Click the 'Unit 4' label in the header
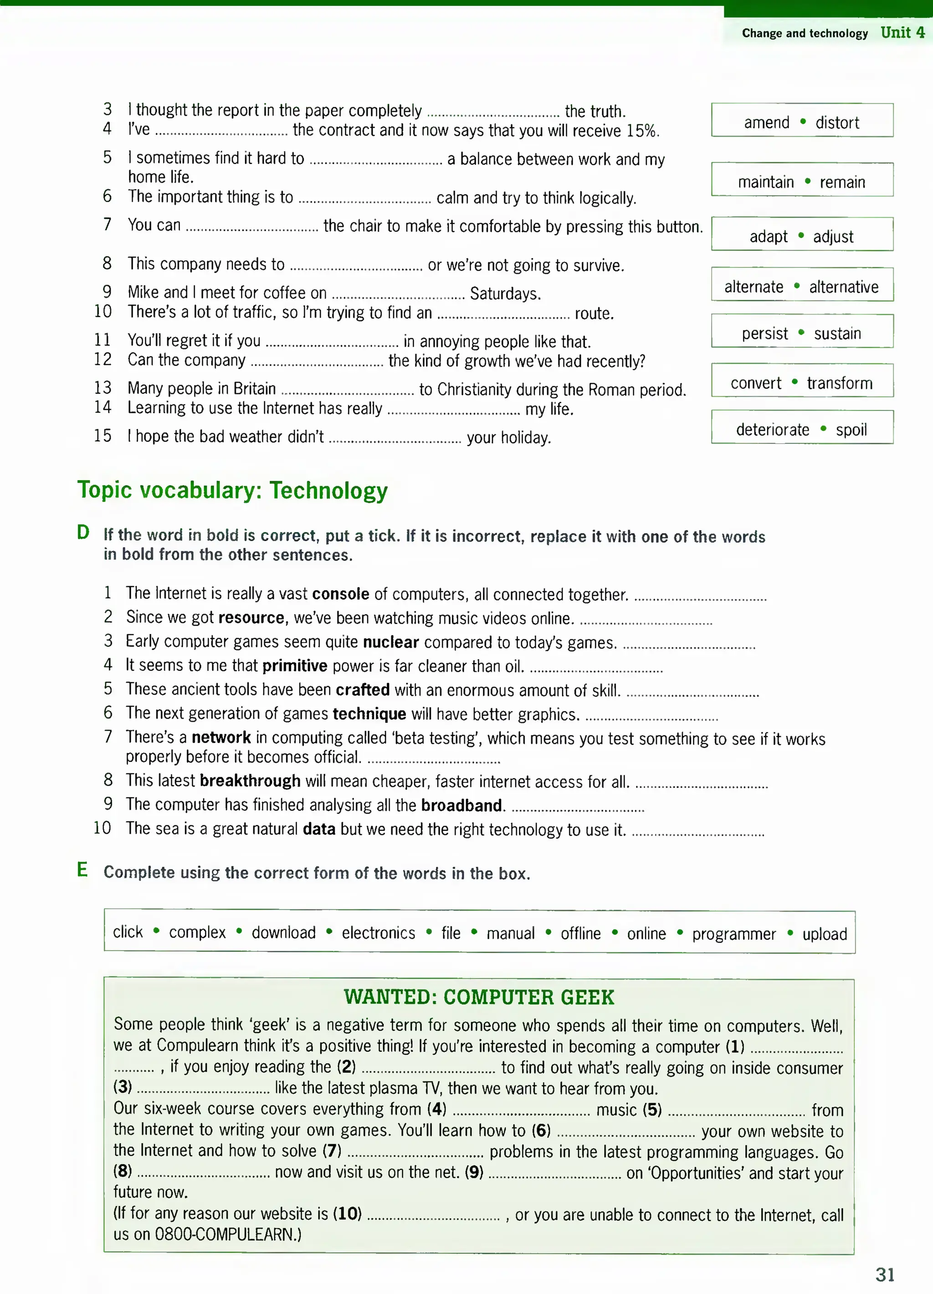(x=902, y=32)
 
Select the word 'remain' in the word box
(x=842, y=183)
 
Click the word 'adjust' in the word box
(x=833, y=237)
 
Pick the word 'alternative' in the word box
(x=843, y=287)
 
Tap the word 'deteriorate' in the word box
(x=772, y=430)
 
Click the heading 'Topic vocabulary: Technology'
(x=232, y=491)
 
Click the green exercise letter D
(x=83, y=532)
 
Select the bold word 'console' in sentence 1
(x=340, y=594)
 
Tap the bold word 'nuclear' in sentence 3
(x=391, y=642)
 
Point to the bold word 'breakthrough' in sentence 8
(x=250, y=781)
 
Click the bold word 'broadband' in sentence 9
(x=461, y=805)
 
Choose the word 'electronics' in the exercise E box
(x=378, y=933)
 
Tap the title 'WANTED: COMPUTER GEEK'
(x=479, y=997)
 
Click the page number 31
(x=885, y=1274)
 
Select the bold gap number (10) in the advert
(x=347, y=1213)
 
